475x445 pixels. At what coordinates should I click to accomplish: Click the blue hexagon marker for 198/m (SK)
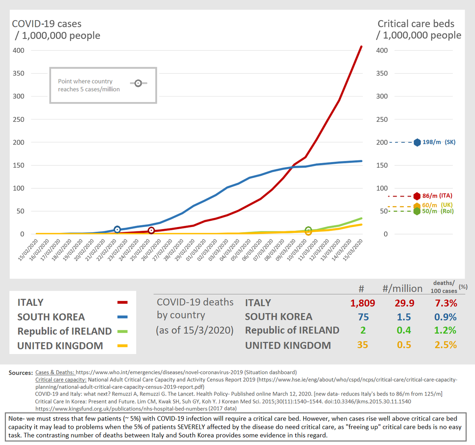(417, 142)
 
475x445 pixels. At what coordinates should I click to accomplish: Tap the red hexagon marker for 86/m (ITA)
(417, 196)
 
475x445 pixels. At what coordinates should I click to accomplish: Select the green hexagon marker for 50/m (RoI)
(417, 211)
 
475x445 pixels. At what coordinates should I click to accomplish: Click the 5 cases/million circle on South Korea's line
(117, 229)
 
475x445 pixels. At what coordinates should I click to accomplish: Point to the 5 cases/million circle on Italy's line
(151, 231)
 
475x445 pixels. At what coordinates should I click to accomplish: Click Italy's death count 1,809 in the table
(362, 303)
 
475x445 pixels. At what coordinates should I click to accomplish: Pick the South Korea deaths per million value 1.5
(404, 317)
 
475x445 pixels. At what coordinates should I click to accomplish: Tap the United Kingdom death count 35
(362, 345)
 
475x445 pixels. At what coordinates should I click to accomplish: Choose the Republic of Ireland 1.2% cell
(445, 330)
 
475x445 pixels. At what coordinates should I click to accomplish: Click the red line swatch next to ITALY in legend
(122, 303)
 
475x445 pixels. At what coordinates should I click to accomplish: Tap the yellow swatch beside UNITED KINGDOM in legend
(122, 346)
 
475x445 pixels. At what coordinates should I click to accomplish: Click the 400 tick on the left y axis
(18, 51)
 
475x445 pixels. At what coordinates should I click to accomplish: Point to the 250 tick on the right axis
(382, 119)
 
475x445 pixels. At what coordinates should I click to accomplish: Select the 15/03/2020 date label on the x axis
(353, 250)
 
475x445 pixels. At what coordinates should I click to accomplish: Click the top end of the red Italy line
(361, 47)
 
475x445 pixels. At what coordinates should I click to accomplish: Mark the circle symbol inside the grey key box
(138, 83)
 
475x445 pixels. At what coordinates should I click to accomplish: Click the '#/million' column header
(402, 289)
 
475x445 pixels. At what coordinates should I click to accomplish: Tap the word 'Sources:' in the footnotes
(21, 373)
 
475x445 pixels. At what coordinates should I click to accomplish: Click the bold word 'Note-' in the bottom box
(16, 418)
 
